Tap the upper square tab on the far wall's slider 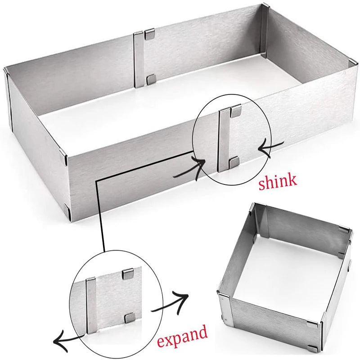(150, 33)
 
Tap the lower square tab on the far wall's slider (151, 79)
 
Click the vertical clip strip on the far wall (139, 60)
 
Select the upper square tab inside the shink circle (236, 110)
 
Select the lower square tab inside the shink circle (234, 162)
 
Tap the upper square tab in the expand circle (128, 274)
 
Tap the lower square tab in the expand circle (130, 317)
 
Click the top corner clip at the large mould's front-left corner (63, 156)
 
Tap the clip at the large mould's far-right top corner (353, 63)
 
